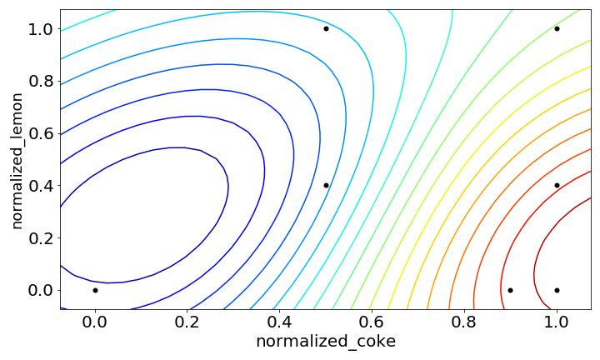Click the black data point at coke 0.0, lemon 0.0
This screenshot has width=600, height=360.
95,290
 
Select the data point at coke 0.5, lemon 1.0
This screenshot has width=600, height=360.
326,28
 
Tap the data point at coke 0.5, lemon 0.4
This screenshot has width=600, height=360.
326,185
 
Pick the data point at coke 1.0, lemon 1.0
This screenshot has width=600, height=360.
557,28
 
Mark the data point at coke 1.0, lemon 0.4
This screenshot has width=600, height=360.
557,185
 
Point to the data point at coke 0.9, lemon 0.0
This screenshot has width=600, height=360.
510,290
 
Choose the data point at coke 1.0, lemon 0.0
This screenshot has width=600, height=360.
557,290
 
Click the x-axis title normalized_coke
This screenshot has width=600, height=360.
326,342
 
